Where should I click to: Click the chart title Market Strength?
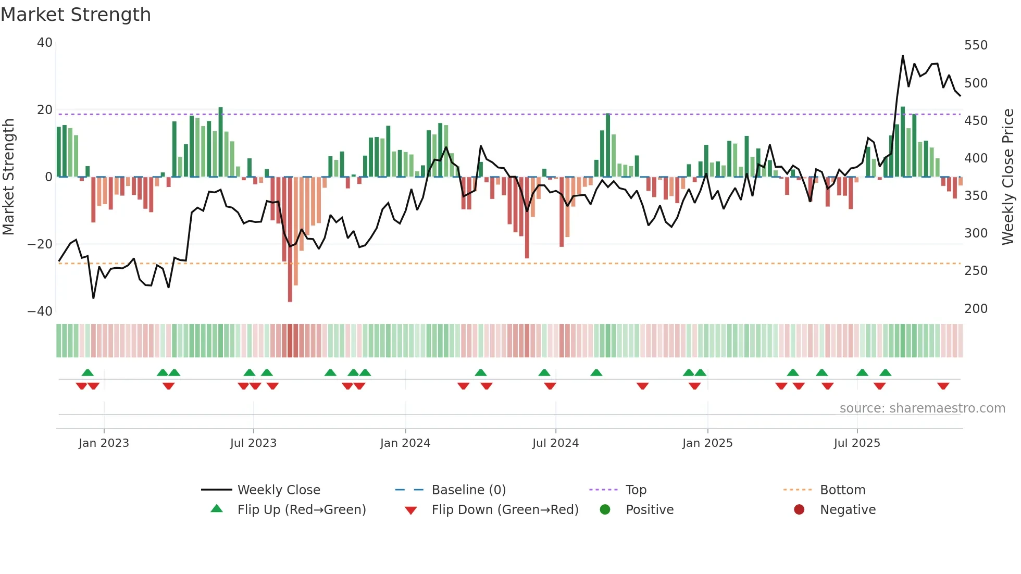(76, 15)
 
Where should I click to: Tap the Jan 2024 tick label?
(405, 443)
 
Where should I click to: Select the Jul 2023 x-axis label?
(253, 443)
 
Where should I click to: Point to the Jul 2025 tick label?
(857, 443)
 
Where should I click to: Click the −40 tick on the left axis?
(40, 311)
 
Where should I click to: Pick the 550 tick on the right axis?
(976, 45)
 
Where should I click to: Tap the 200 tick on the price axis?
(976, 309)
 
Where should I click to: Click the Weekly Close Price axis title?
(1008, 177)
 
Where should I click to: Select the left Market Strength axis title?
(9, 177)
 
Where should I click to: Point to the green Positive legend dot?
(605, 509)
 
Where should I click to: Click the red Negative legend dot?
(799, 509)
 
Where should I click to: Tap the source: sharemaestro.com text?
(922, 408)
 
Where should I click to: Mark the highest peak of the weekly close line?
(903, 56)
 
